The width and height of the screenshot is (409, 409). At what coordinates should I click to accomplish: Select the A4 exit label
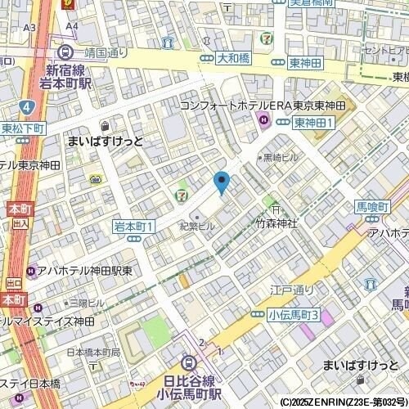pos(72,26)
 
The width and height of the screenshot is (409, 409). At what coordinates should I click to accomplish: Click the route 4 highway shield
pos(27,106)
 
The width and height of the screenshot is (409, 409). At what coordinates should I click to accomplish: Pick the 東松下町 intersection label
pos(22,128)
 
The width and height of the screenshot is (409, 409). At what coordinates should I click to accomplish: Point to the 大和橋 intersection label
pos(231,59)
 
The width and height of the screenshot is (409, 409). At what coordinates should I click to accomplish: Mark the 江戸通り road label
pos(292,290)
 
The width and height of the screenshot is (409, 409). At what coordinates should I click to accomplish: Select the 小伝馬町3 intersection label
pos(293,315)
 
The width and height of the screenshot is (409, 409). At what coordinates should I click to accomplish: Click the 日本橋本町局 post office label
pos(92,353)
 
